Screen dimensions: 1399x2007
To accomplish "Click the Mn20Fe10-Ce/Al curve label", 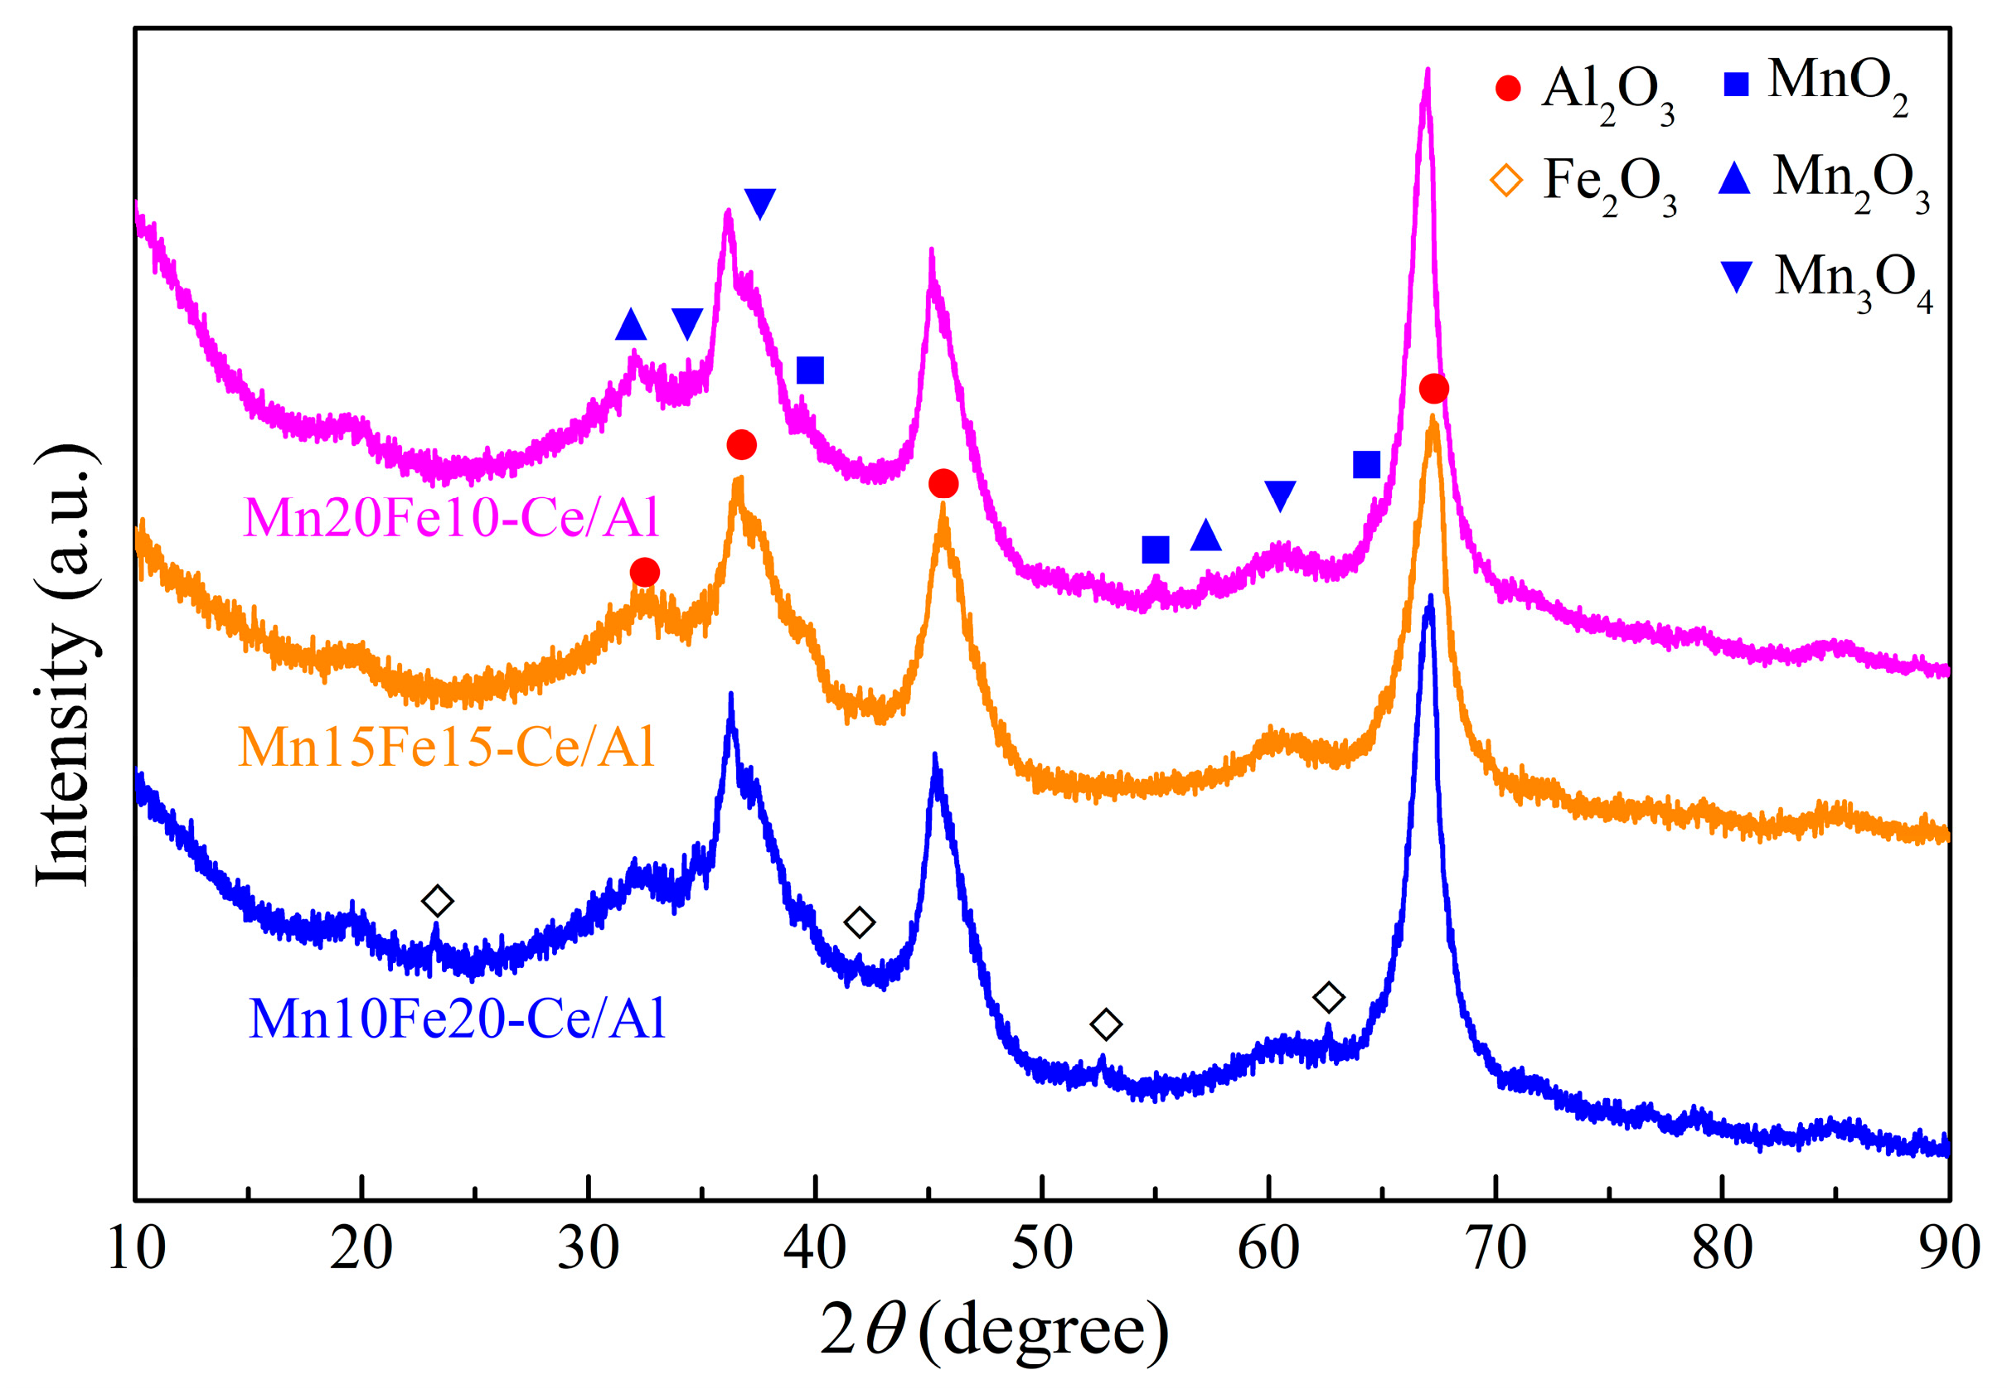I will coord(451,518).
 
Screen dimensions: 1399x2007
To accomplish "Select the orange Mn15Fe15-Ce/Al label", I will coord(446,748).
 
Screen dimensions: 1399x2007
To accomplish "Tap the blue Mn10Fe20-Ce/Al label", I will coord(457,1019).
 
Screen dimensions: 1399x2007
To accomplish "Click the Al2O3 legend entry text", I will coord(1607,91).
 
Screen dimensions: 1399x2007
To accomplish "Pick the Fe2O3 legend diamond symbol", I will coord(1505,181).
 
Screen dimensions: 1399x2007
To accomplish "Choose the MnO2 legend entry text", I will coord(1836,83).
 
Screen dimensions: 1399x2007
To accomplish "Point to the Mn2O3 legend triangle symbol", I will coord(1734,179).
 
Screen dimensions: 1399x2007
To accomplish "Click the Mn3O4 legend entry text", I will coord(1852,278).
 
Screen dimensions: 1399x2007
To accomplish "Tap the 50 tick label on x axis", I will coord(1042,1249).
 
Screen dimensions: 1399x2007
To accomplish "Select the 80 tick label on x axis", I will coord(1721,1249).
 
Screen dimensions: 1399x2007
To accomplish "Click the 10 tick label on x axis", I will coord(136,1249).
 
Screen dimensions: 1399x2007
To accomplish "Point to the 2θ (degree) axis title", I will coord(994,1330).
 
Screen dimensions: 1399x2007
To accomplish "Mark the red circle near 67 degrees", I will coord(1433,388).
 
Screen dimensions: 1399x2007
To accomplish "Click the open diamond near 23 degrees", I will coord(437,901).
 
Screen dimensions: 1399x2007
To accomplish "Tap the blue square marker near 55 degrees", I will coord(1156,549).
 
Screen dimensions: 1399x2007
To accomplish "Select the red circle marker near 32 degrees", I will coord(644,574).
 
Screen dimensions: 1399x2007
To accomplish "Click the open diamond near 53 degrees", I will coord(1106,1024).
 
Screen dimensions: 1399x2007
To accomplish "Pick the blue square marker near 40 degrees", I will coord(810,370).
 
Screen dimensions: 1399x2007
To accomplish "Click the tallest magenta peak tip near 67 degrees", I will coord(1428,71).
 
